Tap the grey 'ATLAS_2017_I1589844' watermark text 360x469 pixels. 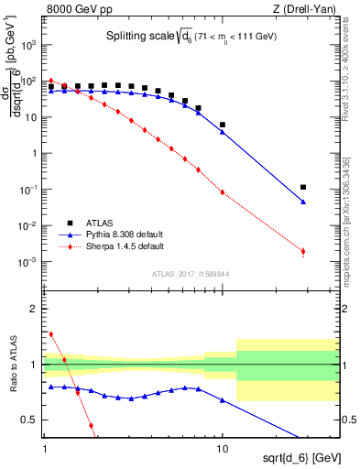(191, 273)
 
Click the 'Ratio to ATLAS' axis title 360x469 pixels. (12, 364)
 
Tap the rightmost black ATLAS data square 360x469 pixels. (303, 187)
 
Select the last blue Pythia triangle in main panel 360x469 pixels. (303, 202)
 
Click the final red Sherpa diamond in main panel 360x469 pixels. (303, 251)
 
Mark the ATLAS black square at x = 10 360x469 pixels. (223, 125)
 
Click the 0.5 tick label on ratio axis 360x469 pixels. (32, 420)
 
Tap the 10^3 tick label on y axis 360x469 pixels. (31, 45)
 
